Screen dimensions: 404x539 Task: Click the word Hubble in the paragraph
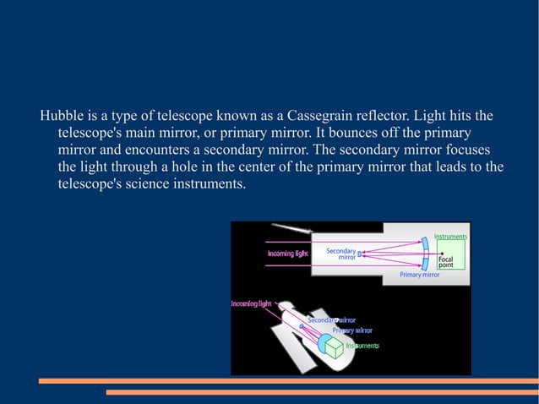[x=61, y=115]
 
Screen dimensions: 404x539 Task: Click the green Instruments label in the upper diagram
[x=450, y=237]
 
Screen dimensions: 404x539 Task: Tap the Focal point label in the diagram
[x=445, y=260]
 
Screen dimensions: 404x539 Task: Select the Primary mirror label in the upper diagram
[x=420, y=275]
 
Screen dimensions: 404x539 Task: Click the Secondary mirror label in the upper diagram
[x=341, y=254]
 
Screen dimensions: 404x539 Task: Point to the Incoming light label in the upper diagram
[x=288, y=253]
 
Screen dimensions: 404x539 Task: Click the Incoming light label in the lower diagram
[x=252, y=303]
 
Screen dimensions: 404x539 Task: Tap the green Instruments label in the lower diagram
[x=362, y=345]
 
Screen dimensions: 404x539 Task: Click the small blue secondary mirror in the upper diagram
[x=360, y=253]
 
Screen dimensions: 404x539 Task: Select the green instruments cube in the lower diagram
[x=335, y=347]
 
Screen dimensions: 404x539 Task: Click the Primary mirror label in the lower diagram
[x=351, y=330]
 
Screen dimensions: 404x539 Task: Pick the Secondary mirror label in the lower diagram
[x=331, y=320]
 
